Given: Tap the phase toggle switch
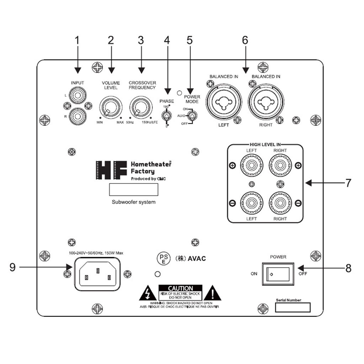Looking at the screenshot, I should click(165, 116).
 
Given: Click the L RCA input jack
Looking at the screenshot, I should click(77, 96).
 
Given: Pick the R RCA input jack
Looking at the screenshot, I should click(77, 116).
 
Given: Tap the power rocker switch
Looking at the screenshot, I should click(278, 274).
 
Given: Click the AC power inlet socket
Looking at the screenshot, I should click(97, 274).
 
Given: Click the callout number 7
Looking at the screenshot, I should click(348, 183).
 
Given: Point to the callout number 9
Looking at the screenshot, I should click(13, 267).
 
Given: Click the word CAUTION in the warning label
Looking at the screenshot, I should click(180, 288).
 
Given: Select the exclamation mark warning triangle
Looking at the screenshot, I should click(213, 293).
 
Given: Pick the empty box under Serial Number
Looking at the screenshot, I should click(293, 307).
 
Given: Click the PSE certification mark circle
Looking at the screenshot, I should click(164, 258).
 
